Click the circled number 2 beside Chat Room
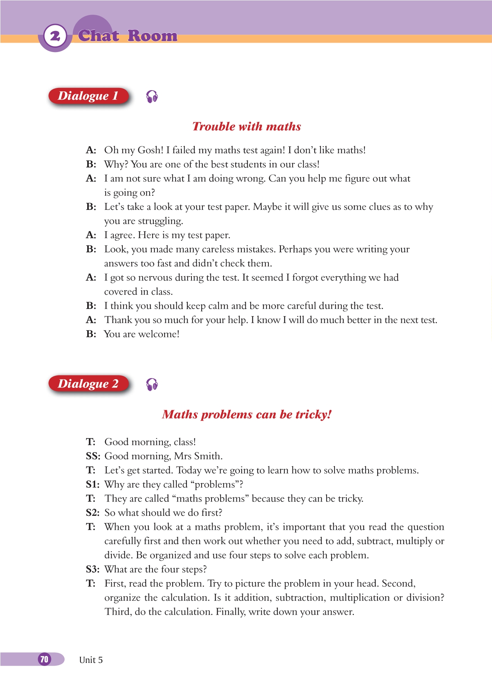55,36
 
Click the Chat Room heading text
128,36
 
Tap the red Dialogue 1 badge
88,96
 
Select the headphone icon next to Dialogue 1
152,97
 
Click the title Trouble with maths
247,126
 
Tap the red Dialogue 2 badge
88,384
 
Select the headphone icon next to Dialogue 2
152,384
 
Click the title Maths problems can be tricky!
247,414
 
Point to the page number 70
45,659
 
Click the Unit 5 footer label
91,660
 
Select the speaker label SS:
93,456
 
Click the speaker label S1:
93,484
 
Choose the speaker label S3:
93,569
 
